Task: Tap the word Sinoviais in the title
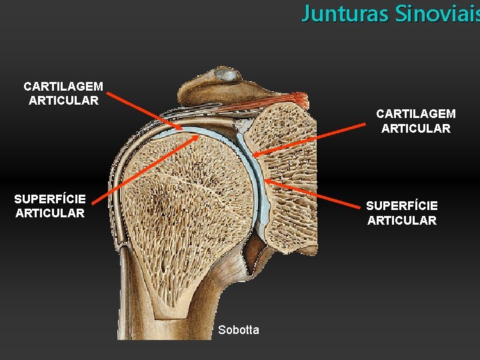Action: click(x=437, y=13)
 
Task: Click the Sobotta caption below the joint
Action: click(x=239, y=330)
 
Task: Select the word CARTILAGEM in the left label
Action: click(x=63, y=87)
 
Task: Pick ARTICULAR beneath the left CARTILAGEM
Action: click(x=63, y=101)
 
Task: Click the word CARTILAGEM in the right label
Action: click(x=416, y=115)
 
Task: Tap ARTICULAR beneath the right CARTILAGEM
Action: click(x=416, y=129)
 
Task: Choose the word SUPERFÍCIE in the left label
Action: click(x=50, y=199)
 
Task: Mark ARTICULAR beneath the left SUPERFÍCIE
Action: click(x=50, y=213)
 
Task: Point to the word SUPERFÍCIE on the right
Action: click(x=402, y=207)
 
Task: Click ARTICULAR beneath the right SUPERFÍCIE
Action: click(x=402, y=221)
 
